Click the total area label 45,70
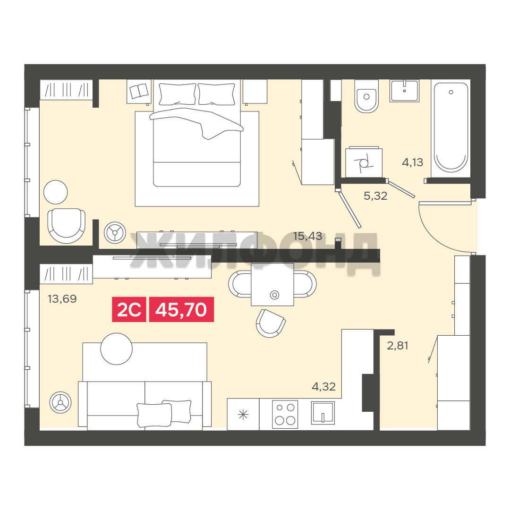coord(181,309)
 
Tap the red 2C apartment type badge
coord(129,309)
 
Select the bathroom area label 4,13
coord(412,162)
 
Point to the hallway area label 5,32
coord(375,196)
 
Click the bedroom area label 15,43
coord(307,236)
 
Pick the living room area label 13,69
coord(62,298)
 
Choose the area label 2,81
coord(398,345)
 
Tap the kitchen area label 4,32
coord(323,386)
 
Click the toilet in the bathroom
coord(366,96)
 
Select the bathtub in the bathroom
coord(451,127)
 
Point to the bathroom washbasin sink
coord(405,91)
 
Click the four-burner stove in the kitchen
coord(285,415)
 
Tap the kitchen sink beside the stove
coord(323,413)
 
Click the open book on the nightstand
coord(139,91)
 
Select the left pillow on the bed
coord(177,94)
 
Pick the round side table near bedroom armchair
coord(56,192)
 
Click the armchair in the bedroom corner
coord(67,226)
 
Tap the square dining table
coord(272,284)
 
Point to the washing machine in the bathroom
coord(364,162)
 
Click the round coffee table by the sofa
coord(117,349)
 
